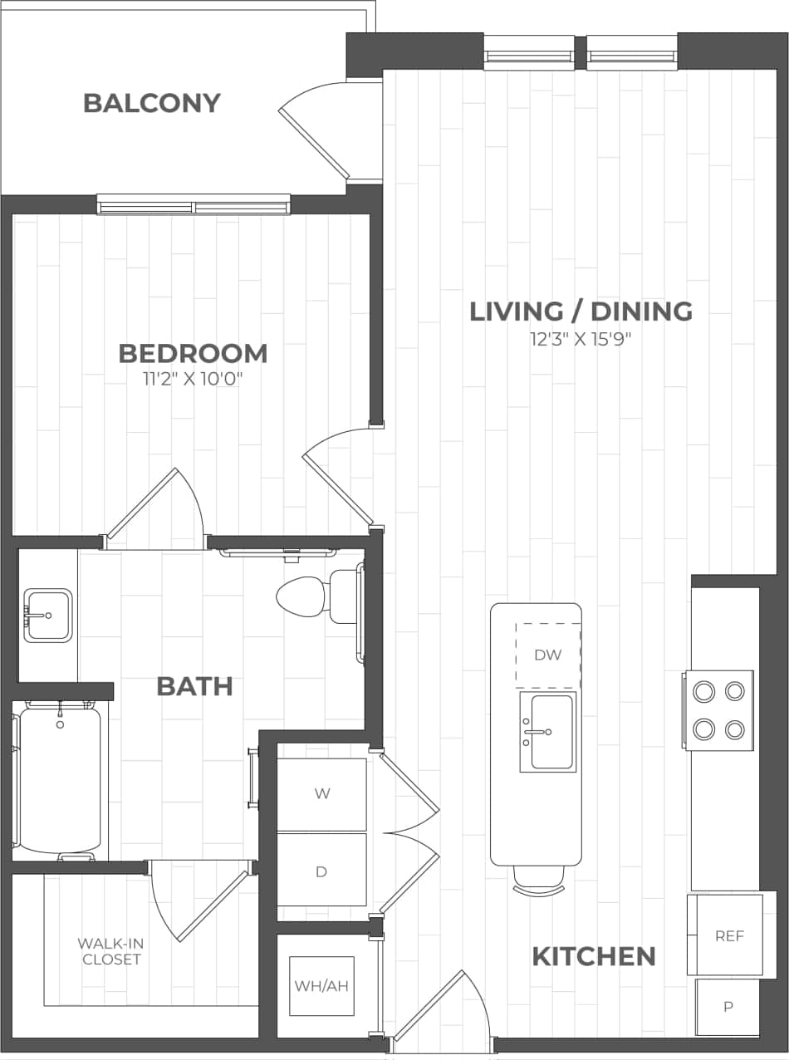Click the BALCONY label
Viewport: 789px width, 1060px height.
pyautogui.click(x=152, y=103)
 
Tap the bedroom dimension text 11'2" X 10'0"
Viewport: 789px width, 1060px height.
pyautogui.click(x=193, y=380)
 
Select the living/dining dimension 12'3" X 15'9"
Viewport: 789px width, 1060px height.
pyautogui.click(x=581, y=339)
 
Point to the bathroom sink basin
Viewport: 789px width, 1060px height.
pyautogui.click(x=47, y=615)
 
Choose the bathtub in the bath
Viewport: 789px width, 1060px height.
pyautogui.click(x=60, y=779)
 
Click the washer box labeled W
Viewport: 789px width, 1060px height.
pyautogui.click(x=321, y=793)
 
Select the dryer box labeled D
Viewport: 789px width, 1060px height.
pyautogui.click(x=321, y=871)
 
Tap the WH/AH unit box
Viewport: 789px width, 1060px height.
pyautogui.click(x=321, y=986)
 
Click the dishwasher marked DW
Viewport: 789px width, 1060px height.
pyautogui.click(x=547, y=655)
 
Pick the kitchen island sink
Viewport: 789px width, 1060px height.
pyautogui.click(x=548, y=732)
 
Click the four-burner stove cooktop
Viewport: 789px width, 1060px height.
pyautogui.click(x=718, y=709)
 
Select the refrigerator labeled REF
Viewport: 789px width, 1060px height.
pyautogui.click(x=726, y=935)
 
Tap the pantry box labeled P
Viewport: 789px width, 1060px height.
pyautogui.click(x=728, y=1007)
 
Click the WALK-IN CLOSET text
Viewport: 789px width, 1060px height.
pyautogui.click(x=109, y=951)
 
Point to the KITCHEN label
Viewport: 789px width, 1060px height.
pyautogui.click(x=593, y=956)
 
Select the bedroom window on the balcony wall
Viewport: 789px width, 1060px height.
pyautogui.click(x=194, y=204)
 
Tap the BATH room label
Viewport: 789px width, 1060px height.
pyautogui.click(x=194, y=686)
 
